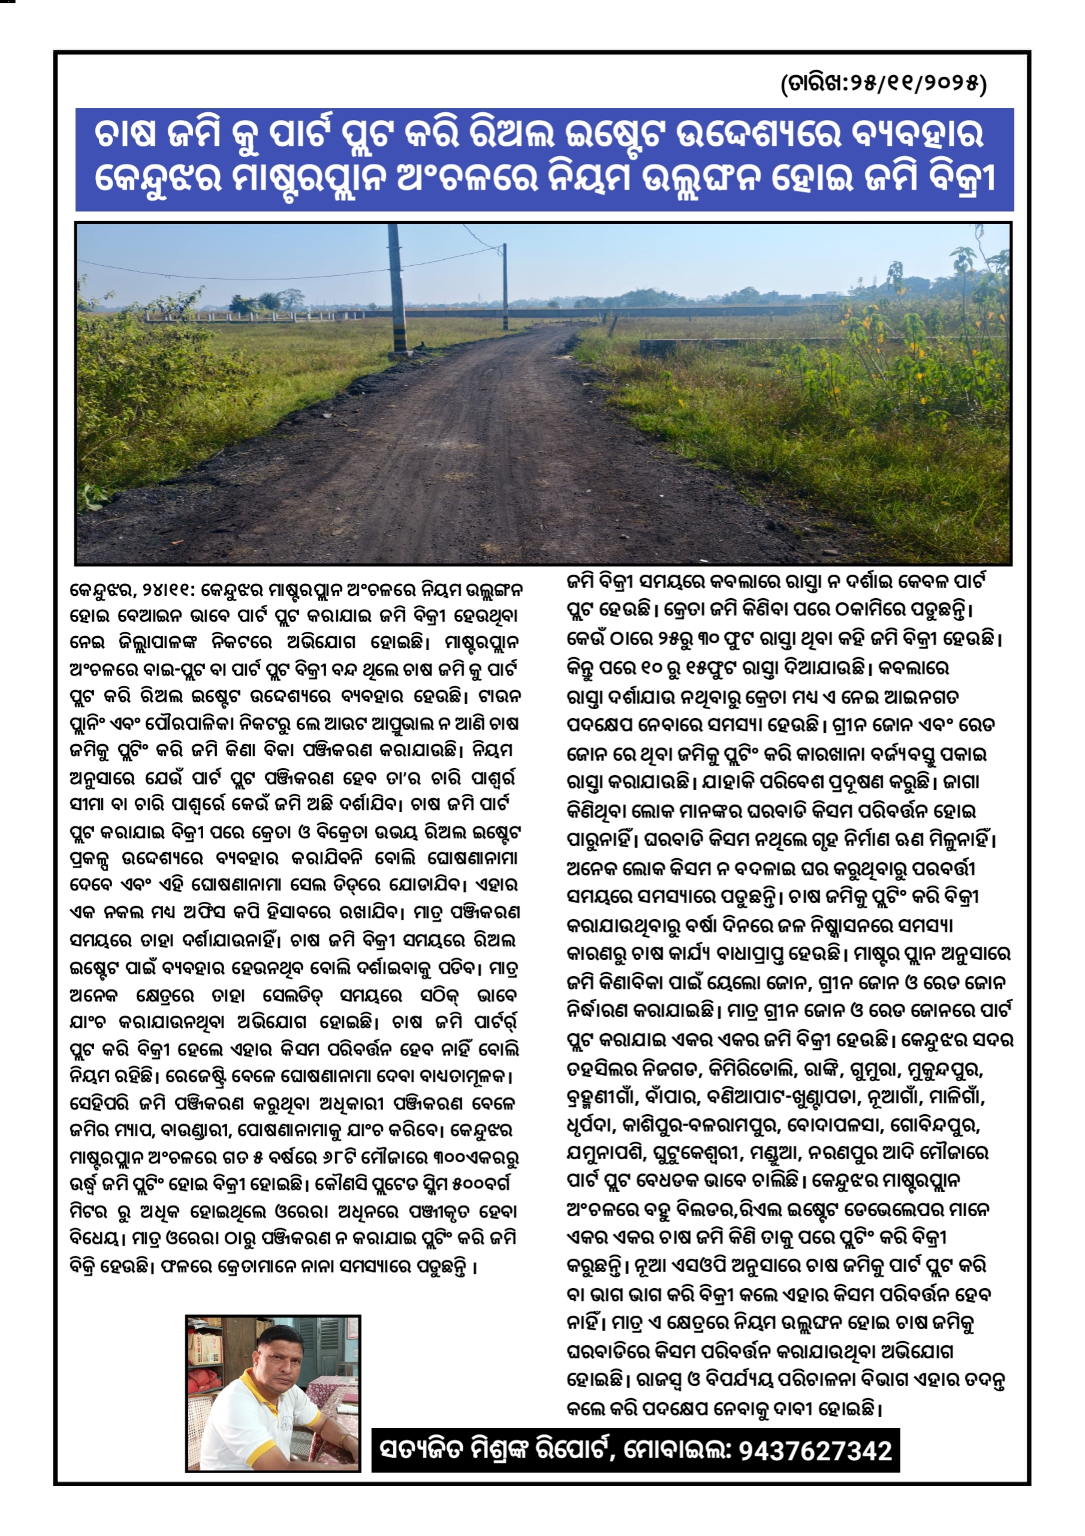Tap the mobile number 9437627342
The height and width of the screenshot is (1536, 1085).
click(816, 1451)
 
